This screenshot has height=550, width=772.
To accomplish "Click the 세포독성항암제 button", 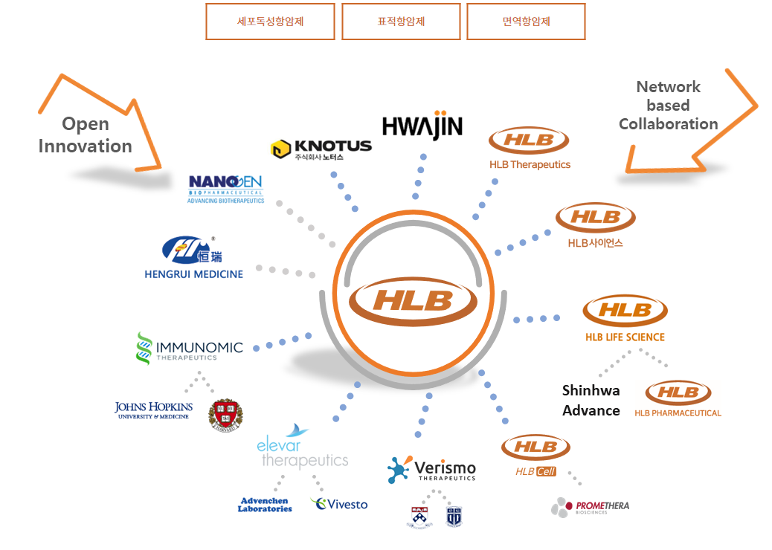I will click(270, 22).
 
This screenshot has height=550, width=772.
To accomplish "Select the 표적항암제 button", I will click(401, 22).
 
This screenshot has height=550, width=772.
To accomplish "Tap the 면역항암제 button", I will click(526, 22).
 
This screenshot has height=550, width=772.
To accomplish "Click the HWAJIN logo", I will click(422, 127).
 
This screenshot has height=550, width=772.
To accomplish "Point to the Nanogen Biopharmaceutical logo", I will click(225, 188).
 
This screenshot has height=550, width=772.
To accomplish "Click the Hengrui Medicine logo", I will click(193, 257).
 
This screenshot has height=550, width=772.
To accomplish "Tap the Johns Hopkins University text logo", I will click(153, 410).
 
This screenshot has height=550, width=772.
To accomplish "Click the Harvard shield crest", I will click(225, 415).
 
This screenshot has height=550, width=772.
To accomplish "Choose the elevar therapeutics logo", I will click(302, 448).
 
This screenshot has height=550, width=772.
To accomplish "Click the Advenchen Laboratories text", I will click(265, 505).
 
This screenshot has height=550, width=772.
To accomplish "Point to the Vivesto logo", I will click(339, 504).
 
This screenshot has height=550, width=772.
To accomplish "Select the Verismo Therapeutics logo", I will click(431, 470).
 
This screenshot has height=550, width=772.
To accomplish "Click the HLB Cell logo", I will click(535, 455).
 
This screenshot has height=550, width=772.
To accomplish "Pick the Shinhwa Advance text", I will click(591, 401).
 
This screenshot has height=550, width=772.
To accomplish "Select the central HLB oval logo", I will click(414, 299).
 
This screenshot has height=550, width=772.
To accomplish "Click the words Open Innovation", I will click(85, 135).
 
